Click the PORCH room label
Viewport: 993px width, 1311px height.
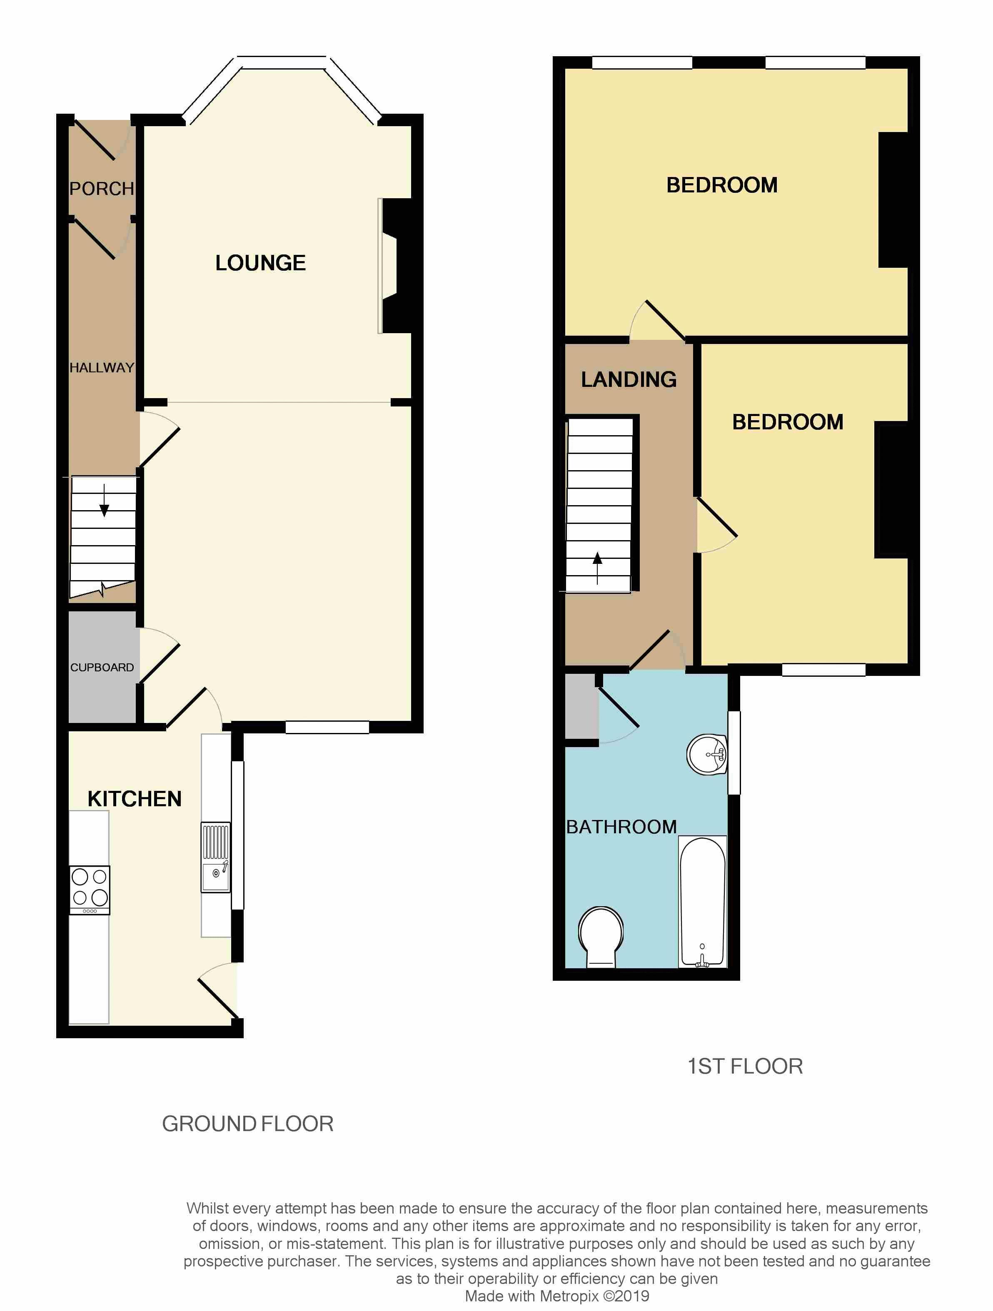pos(102,189)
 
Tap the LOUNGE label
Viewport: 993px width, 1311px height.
pos(260,262)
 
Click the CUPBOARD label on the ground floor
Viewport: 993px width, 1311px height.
pos(102,667)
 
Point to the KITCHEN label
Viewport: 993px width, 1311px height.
pos(135,798)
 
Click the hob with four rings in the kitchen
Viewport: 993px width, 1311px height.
pos(90,891)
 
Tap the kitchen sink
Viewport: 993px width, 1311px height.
pos(216,857)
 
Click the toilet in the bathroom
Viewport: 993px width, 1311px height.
pos(601,937)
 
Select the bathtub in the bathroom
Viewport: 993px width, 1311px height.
pos(703,902)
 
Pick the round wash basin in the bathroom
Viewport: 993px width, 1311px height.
pos(707,755)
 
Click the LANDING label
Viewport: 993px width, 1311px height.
pos(629,379)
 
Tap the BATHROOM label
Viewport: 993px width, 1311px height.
pos(621,827)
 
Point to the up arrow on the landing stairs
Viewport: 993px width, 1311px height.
pos(597,568)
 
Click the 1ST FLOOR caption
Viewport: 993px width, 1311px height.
pos(745,1066)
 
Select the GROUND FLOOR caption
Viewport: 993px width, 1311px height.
pos(248,1124)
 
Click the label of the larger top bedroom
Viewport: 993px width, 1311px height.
pos(722,185)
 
